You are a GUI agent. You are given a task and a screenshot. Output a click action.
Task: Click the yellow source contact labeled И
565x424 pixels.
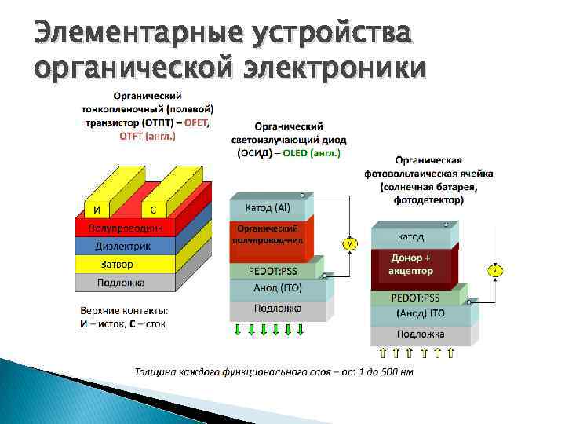[x=96, y=210]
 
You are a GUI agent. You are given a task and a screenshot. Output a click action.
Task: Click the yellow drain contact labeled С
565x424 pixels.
[x=153, y=210]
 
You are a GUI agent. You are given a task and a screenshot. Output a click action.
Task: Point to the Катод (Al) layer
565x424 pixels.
[x=268, y=208]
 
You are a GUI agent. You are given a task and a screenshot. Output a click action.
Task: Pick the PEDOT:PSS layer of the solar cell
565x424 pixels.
[x=417, y=298]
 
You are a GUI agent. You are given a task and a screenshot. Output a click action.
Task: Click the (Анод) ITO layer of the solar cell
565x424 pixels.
[x=421, y=313]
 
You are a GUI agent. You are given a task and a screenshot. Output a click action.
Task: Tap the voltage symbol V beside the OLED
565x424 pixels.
[x=348, y=244]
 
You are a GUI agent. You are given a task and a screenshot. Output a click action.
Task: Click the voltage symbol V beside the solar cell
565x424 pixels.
[x=495, y=271]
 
